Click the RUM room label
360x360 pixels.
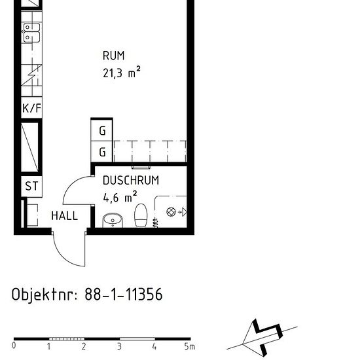pyautogui.click(x=113, y=56)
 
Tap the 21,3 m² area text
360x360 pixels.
pyautogui.click(x=122, y=73)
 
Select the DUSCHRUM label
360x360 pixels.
pyautogui.click(x=131, y=181)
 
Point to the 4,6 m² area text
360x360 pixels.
pyautogui.click(x=120, y=196)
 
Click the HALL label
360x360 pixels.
pyautogui.click(x=64, y=215)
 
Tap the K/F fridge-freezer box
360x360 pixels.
pyautogui.click(x=31, y=108)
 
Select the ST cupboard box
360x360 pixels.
pyautogui.click(x=31, y=186)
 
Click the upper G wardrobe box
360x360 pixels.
pyautogui.click(x=102, y=130)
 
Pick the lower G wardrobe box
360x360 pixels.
pyautogui.click(x=102, y=152)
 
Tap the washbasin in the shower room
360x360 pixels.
pyautogui.click(x=113, y=219)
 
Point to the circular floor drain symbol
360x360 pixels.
pyautogui.click(x=171, y=211)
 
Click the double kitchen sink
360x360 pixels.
pyautogui.click(x=31, y=32)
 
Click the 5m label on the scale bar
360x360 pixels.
pyautogui.click(x=190, y=346)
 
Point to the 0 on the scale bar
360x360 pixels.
pyautogui.click(x=14, y=346)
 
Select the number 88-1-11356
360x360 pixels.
pyautogui.click(x=124, y=295)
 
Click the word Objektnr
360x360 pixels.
pyautogui.click(x=44, y=295)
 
